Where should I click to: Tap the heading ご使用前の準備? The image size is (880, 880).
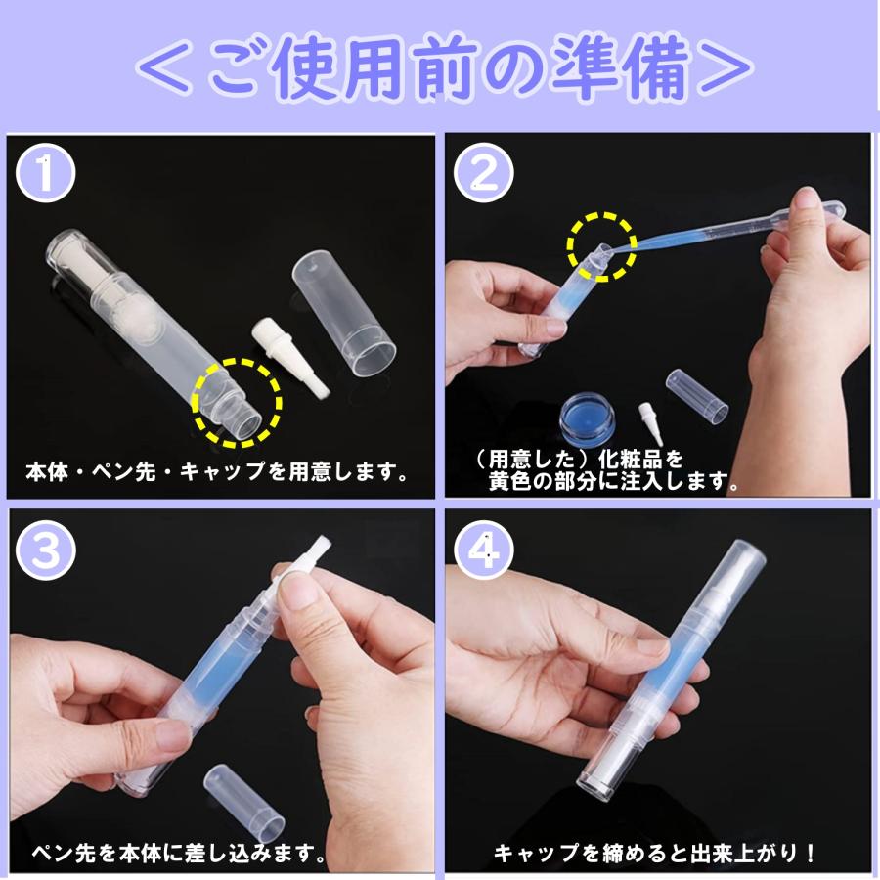coord(440,69)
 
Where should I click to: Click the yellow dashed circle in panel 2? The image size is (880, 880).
coord(602,245)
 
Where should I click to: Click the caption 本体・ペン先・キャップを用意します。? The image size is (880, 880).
coord(217,473)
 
